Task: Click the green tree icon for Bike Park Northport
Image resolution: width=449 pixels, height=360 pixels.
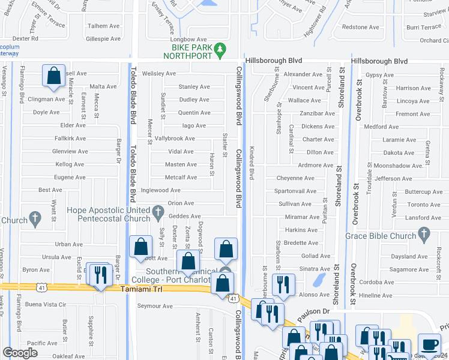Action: coord(221,47)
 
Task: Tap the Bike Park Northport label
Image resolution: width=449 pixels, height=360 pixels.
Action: coord(191,51)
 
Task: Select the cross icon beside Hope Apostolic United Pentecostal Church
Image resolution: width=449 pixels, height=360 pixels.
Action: coord(158,211)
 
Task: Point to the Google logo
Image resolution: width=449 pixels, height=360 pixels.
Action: coord(20,353)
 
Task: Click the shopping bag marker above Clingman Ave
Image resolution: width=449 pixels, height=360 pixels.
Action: coord(54,77)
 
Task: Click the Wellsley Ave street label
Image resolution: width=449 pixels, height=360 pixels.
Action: coord(158,74)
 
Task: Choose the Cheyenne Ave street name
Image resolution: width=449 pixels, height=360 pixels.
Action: coord(295,178)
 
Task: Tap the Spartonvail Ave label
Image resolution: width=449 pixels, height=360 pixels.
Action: coord(295,191)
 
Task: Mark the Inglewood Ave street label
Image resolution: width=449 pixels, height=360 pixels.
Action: coord(160,190)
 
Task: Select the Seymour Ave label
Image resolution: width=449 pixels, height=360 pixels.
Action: coord(155,306)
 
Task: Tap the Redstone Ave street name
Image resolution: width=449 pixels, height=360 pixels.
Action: coord(360,27)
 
